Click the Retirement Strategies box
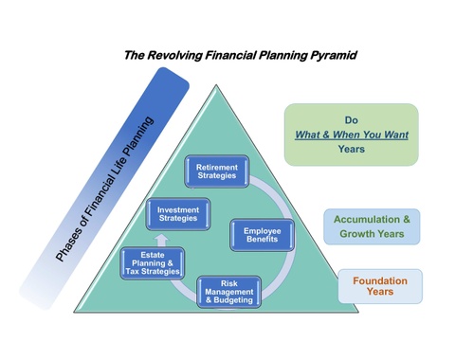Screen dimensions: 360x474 point(217,172)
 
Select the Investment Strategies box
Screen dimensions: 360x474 point(178,213)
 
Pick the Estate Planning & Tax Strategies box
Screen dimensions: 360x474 point(153,262)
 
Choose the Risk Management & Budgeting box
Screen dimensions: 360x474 point(228,293)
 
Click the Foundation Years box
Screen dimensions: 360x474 point(380,286)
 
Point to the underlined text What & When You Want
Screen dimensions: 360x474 point(352,135)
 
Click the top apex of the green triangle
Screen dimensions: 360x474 point(217,86)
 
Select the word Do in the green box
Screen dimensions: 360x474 point(352,119)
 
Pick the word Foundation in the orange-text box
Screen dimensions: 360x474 point(380,280)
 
